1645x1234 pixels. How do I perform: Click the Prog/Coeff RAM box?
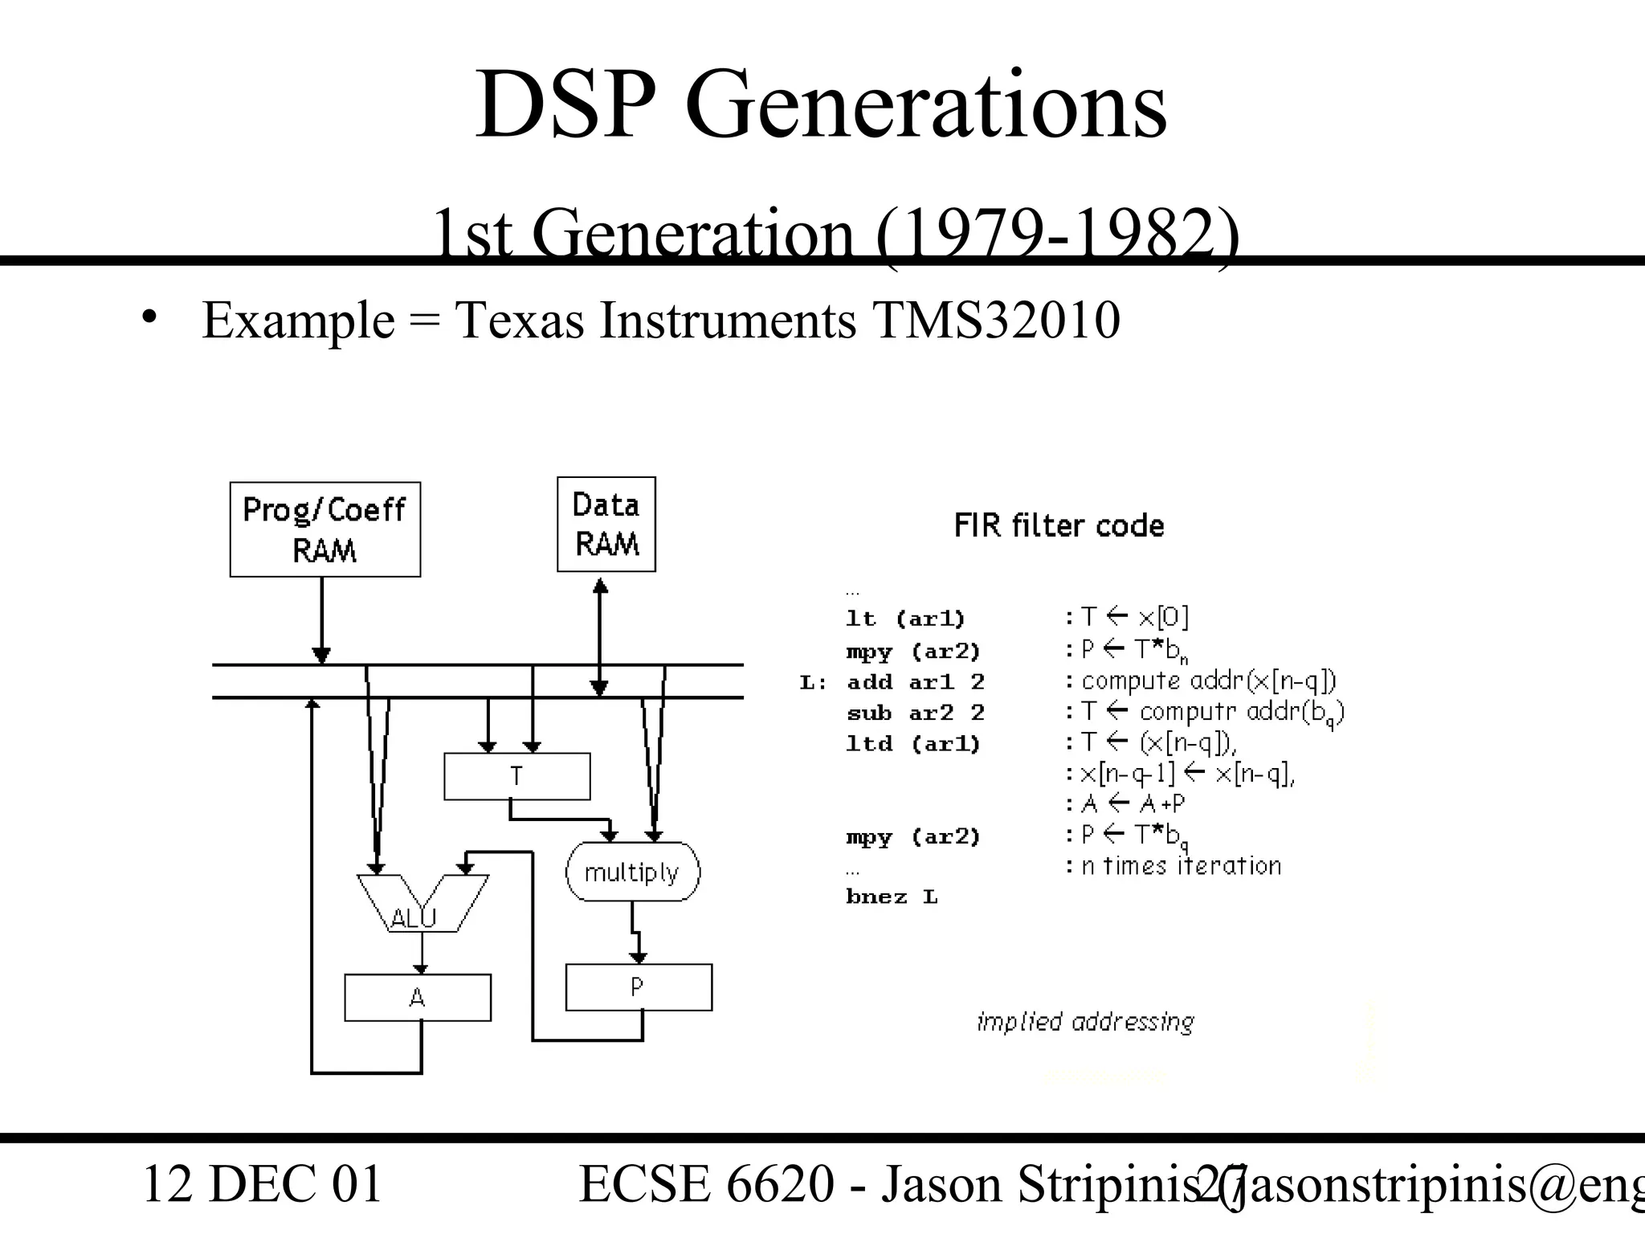click(x=325, y=529)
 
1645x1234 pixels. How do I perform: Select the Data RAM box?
click(x=606, y=525)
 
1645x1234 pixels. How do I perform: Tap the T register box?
click(x=516, y=776)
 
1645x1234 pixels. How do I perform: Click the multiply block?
click(x=632, y=872)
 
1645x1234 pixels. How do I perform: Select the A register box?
click(x=418, y=998)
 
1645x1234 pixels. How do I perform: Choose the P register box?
click(x=639, y=987)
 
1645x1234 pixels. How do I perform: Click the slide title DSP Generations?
click(x=821, y=105)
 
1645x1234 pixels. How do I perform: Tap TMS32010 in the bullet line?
click(x=996, y=320)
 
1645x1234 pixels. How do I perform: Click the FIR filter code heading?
click(x=1059, y=526)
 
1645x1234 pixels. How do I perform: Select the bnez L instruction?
click(x=892, y=897)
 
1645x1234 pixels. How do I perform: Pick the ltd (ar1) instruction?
click(x=913, y=744)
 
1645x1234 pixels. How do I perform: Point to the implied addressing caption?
click(x=1085, y=1022)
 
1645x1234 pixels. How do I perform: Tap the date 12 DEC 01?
click(x=262, y=1184)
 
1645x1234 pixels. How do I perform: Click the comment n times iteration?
click(x=1181, y=866)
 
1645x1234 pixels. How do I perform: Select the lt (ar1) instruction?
click(x=905, y=619)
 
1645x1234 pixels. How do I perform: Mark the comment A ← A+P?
click(x=1133, y=804)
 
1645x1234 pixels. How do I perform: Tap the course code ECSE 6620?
click(x=706, y=1184)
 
